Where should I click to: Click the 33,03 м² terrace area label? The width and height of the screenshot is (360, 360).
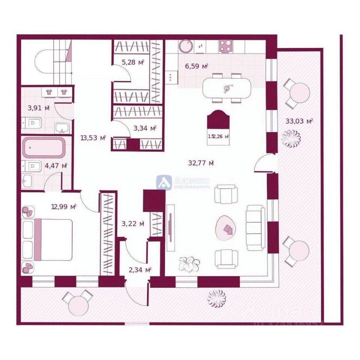(x=299, y=121)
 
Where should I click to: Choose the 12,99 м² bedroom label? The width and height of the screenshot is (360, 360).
(x=64, y=206)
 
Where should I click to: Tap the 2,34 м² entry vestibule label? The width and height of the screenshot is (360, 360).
(x=140, y=270)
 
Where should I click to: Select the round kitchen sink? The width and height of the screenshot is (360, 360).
(x=185, y=46)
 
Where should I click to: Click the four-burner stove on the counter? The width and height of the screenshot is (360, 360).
(x=226, y=46)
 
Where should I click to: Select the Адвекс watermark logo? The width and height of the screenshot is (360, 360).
(x=183, y=182)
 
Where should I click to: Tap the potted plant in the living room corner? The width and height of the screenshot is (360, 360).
(x=189, y=264)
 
